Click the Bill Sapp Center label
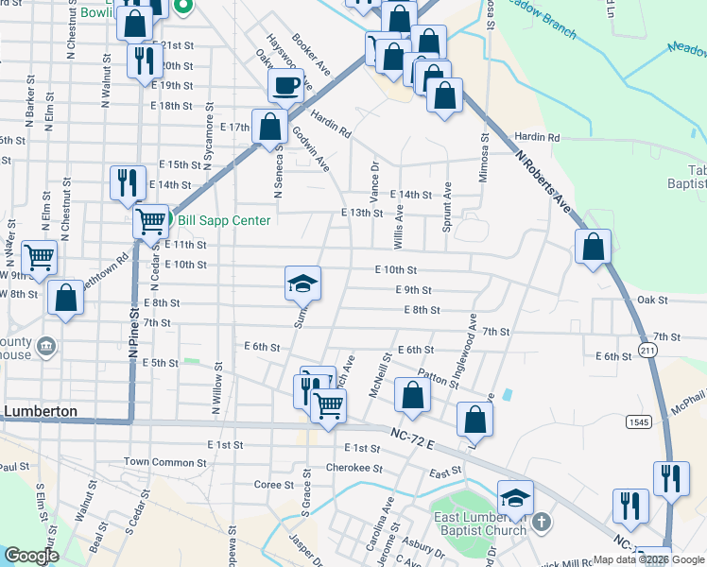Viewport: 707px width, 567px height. point(224,221)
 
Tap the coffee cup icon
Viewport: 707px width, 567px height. point(285,86)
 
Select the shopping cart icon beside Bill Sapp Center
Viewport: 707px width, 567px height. point(151,222)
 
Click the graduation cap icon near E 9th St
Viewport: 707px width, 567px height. point(302,283)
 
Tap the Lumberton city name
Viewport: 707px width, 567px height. point(52,411)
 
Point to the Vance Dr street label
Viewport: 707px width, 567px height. point(374,178)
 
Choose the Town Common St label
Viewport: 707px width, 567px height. point(164,462)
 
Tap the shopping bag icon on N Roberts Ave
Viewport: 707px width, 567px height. point(592,248)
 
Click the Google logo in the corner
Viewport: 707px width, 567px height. point(31,556)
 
